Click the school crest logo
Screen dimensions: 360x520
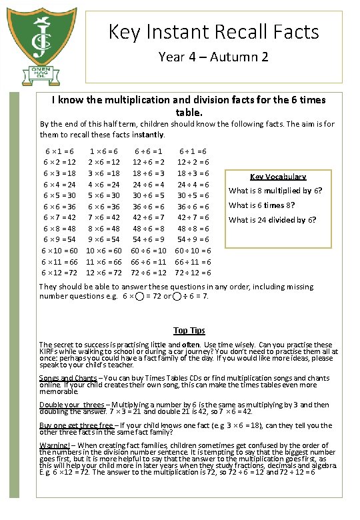[43, 40]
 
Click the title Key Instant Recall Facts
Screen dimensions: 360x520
[213, 31]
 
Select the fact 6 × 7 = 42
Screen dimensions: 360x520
[59, 217]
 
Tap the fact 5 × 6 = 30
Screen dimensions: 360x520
[103, 195]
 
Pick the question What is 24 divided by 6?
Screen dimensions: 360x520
[272, 220]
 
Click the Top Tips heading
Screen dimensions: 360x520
[189, 331]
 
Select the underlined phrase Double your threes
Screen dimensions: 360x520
[72, 405]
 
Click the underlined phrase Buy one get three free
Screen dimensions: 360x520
[77, 425]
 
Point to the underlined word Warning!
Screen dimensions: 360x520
[55, 445]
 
